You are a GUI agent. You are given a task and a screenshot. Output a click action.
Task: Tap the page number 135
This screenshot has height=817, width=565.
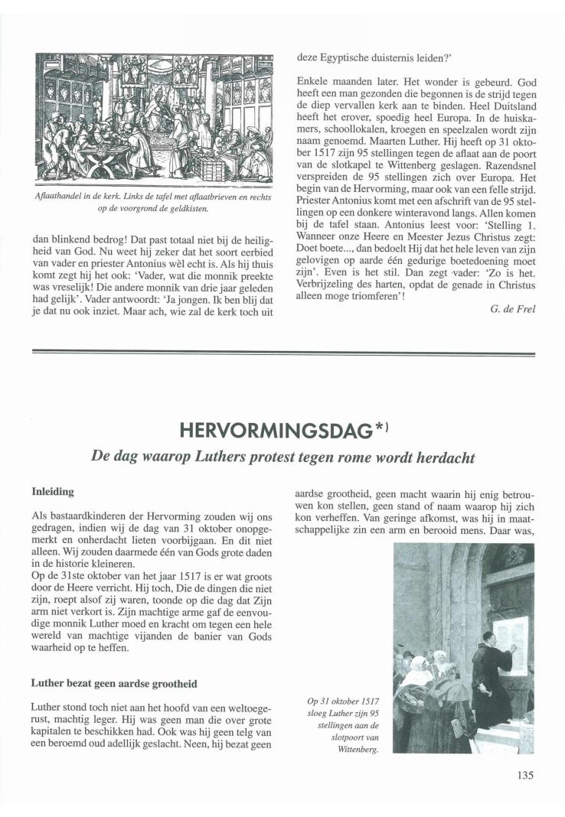[524, 774]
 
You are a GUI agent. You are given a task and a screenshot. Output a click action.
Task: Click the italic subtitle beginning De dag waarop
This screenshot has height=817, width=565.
[282, 457]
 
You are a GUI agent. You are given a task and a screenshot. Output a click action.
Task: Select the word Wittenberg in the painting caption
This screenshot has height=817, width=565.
[360, 750]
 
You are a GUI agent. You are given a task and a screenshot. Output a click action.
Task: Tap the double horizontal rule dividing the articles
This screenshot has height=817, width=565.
[282, 351]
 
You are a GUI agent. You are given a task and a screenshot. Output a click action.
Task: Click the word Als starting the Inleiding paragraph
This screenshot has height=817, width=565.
[39, 516]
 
